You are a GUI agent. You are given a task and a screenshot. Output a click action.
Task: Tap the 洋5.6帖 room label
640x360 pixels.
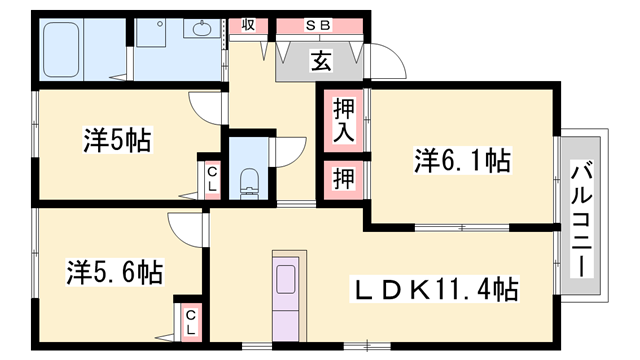[115, 270]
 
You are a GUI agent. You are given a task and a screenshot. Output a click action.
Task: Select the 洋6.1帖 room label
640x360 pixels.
[462, 159]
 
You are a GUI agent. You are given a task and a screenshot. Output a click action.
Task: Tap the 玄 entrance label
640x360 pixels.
[320, 63]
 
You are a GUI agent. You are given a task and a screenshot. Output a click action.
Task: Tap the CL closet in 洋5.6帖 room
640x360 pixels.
[190, 319]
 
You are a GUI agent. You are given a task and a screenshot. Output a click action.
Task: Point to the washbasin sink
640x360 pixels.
[200, 29]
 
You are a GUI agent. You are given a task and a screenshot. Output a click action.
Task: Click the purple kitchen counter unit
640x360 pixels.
[286, 294]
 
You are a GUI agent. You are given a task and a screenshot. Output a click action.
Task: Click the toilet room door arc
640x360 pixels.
[290, 148]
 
